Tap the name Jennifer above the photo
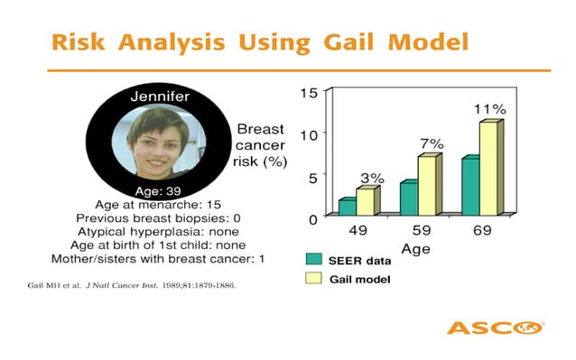pos(159,97)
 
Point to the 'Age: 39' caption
pos(159,190)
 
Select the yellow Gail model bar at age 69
pos(488,169)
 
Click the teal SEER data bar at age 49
pos(346,207)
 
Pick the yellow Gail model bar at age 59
pos(426,185)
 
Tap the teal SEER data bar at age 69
pos(469,186)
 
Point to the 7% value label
pos(430,143)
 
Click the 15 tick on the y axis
pos(308,93)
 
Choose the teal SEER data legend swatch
pos(313,260)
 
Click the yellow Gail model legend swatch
pos(313,280)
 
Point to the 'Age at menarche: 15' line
pos(159,205)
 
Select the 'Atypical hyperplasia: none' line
pos(159,232)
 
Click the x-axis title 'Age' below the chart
pos(415,247)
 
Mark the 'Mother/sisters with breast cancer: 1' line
pos(159,259)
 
